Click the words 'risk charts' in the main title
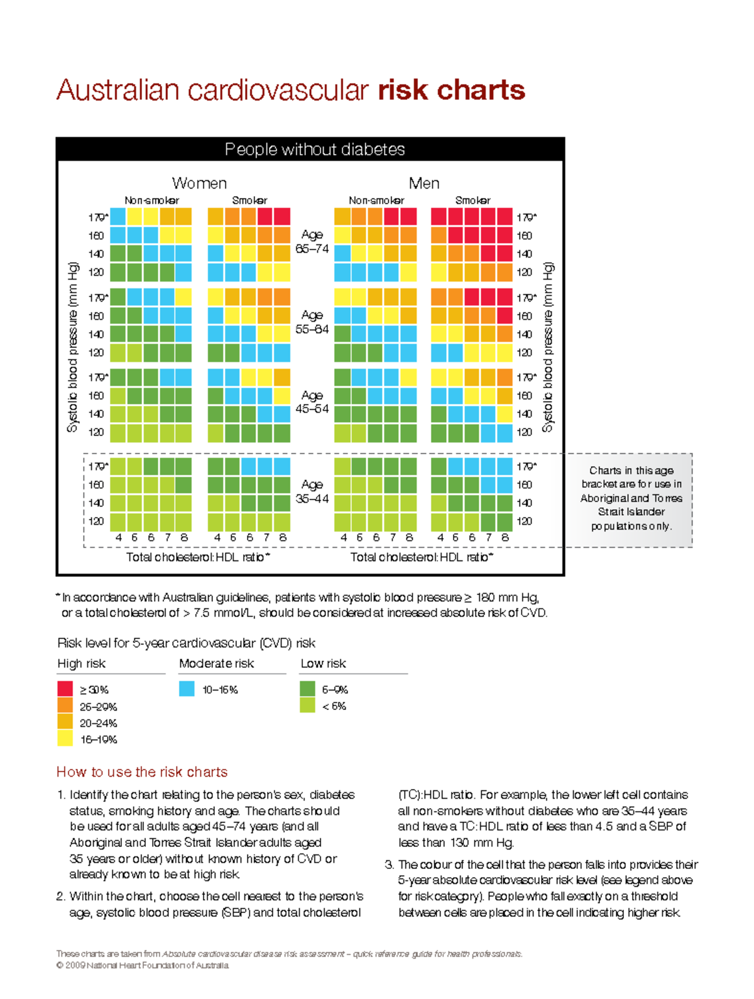point(451,90)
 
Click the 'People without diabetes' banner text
point(314,150)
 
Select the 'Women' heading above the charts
point(199,183)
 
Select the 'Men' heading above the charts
point(424,183)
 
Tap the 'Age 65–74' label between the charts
point(312,241)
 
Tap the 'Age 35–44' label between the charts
point(312,491)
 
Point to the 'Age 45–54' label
point(312,402)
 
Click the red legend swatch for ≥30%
point(65,689)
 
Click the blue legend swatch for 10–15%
point(187,689)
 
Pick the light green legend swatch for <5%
point(307,706)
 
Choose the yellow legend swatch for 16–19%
point(65,739)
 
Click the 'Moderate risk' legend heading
point(216,663)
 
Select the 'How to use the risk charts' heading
point(142,772)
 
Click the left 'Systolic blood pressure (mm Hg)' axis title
point(73,347)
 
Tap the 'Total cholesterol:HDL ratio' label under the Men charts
point(421,557)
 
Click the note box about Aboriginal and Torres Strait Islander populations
point(631,498)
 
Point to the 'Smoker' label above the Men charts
point(473,200)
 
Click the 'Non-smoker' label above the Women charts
point(151,200)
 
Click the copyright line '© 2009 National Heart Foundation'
point(143,966)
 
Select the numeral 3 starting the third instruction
point(389,865)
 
